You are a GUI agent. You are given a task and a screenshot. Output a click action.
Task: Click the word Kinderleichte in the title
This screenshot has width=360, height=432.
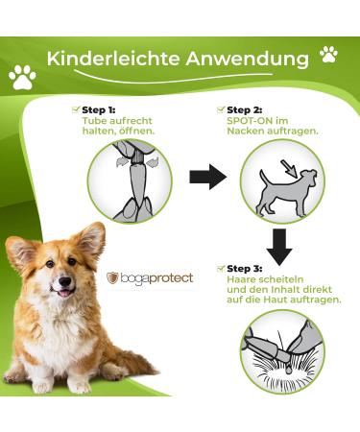click(113, 59)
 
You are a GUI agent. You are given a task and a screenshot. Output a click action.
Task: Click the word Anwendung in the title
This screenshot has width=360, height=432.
click(248, 60)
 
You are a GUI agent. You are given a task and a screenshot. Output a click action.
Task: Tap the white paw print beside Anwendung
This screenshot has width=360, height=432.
click(328, 54)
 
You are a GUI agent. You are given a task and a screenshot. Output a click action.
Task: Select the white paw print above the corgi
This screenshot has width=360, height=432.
click(22, 77)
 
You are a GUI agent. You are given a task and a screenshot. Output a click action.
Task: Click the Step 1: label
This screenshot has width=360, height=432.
click(99, 110)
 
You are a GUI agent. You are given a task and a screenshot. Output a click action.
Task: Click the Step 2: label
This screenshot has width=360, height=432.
click(244, 110)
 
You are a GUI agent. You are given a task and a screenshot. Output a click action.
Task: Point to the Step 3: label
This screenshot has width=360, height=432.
click(244, 269)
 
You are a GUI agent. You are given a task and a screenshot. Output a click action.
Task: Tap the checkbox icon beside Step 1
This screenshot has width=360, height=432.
click(76, 109)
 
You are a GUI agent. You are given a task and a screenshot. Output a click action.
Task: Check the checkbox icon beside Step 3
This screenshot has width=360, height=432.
click(221, 268)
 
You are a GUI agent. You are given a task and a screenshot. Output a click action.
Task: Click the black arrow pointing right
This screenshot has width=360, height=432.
click(208, 177)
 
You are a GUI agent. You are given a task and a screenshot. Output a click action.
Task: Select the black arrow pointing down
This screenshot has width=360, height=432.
click(279, 247)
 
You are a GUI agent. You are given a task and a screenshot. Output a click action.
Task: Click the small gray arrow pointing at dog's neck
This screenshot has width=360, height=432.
click(289, 169)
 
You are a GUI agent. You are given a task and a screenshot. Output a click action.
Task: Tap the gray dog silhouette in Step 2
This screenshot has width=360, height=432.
click(286, 193)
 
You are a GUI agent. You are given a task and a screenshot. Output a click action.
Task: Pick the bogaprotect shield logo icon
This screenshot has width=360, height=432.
click(112, 277)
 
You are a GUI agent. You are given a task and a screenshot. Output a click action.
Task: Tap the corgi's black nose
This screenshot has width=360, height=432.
click(65, 281)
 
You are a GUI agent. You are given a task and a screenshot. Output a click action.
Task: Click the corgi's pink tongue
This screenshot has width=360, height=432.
click(65, 293)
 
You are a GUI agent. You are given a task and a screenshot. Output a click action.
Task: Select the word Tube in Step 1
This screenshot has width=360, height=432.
click(94, 121)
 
